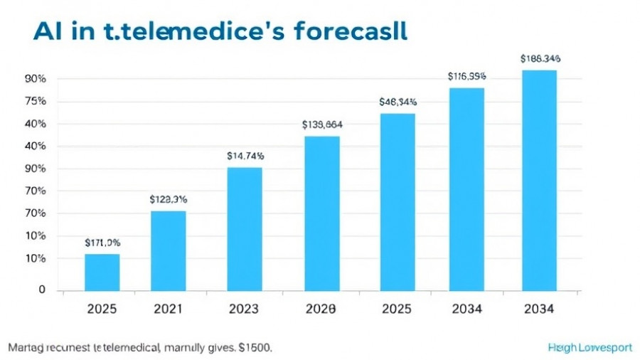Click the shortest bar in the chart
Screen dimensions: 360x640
(x=102, y=272)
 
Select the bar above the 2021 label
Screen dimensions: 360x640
(x=169, y=250)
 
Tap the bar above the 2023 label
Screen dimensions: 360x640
(x=245, y=228)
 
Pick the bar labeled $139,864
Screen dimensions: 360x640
(x=322, y=213)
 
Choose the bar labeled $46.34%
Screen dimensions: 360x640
(x=398, y=201)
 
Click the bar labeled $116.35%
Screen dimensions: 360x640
(x=466, y=189)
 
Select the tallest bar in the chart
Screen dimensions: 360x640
(x=540, y=180)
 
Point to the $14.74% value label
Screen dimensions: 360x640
(x=245, y=155)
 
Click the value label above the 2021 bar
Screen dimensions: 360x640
(x=169, y=199)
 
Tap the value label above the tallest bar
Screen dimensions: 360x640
(x=540, y=58)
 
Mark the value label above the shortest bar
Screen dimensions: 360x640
(x=102, y=243)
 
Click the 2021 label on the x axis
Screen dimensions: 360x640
(x=169, y=309)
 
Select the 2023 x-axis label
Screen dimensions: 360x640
(x=245, y=309)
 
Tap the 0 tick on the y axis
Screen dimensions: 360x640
(x=42, y=290)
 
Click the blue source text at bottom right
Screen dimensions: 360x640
(x=590, y=348)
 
